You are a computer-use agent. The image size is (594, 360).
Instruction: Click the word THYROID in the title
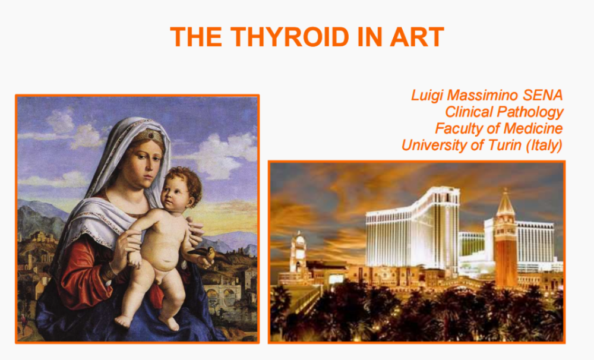click(x=290, y=37)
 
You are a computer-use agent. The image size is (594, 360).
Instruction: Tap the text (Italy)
click(x=544, y=146)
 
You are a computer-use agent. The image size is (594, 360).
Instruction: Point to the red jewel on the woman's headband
click(x=150, y=134)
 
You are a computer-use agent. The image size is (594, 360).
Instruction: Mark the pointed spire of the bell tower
click(x=505, y=203)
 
